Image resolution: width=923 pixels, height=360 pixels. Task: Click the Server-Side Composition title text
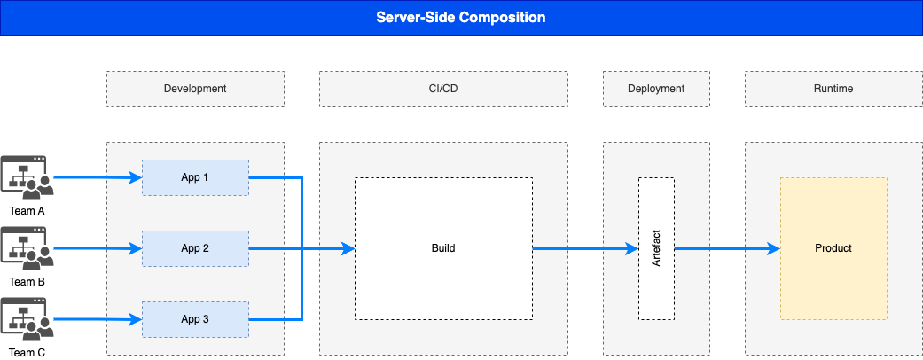[461, 18]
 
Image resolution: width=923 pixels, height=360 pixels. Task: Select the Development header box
[195, 89]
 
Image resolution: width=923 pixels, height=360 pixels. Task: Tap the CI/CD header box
[443, 89]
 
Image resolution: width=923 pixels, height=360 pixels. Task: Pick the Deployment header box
[656, 89]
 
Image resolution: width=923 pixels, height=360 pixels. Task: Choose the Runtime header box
[833, 89]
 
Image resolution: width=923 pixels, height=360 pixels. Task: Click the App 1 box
[195, 177]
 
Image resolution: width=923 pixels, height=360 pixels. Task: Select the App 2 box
[195, 248]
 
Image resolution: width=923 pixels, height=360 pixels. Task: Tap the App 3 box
[195, 319]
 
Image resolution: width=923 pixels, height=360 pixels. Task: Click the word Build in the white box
[443, 248]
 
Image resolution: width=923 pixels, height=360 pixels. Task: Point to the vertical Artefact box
[656, 248]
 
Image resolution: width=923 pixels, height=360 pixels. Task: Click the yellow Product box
[833, 248]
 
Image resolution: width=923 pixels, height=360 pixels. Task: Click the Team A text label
[27, 211]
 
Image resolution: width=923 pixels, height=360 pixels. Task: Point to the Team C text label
[27, 353]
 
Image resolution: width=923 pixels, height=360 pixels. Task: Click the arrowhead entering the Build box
[348, 248]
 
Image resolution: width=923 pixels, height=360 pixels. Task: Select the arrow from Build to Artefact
[585, 248]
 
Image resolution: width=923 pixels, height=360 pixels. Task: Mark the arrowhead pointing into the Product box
[774, 248]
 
